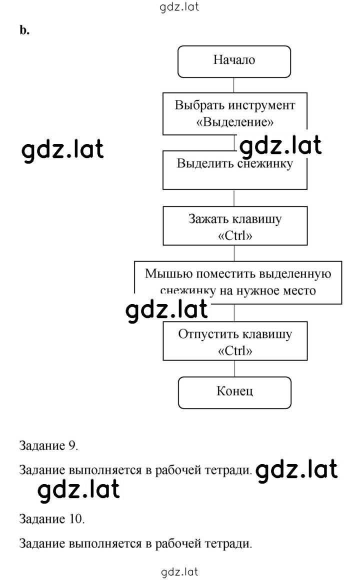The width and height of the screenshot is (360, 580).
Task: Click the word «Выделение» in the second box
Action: click(x=235, y=122)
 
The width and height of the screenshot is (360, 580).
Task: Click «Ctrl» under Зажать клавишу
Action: click(x=235, y=235)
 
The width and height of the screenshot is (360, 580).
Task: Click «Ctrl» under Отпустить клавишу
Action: click(x=235, y=350)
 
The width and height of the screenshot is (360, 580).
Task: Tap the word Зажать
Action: click(x=208, y=219)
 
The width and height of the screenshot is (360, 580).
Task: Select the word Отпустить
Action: click(x=204, y=334)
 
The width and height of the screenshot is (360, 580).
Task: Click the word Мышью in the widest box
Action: click(x=168, y=274)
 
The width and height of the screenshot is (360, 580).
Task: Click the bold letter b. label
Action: click(x=24, y=30)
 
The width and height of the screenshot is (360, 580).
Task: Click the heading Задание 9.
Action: click(x=48, y=445)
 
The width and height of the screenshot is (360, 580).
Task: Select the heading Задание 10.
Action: click(x=52, y=519)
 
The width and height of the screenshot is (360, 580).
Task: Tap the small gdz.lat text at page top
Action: click(x=179, y=7)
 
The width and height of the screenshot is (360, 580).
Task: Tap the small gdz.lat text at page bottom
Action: click(x=180, y=572)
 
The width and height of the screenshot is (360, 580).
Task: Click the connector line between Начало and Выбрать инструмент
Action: click(x=233, y=85)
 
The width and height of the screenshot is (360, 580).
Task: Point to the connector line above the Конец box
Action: click(x=234, y=368)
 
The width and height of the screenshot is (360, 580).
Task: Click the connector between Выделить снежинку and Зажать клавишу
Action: click(x=234, y=198)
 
